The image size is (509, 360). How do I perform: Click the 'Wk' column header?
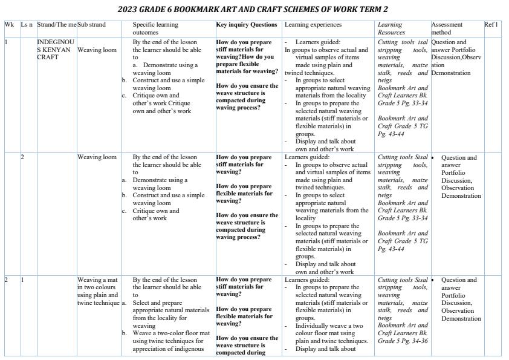coord(8,25)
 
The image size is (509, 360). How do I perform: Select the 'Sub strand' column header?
coord(91,25)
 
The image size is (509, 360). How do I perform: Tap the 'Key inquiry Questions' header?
coord(247,25)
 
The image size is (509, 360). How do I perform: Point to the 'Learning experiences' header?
coord(313,25)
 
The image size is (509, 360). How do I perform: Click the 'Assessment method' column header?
coord(447,28)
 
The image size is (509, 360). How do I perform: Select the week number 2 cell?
coord(7,280)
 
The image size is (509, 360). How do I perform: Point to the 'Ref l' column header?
coord(491,25)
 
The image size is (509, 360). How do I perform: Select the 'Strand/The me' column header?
coord(56,25)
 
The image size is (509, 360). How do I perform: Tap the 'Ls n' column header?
coord(27,25)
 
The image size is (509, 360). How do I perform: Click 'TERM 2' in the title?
coord(374,10)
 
